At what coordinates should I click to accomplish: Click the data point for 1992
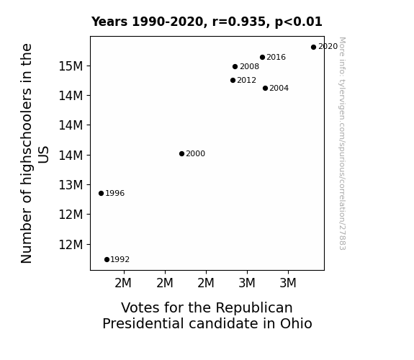pos(107,260)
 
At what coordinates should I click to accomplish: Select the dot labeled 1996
pos(101,194)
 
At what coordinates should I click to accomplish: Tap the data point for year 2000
pos(181,153)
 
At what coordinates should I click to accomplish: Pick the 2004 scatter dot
pos(265,89)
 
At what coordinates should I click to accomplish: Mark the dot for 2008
pos(235,66)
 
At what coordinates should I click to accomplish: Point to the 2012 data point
pos(233,81)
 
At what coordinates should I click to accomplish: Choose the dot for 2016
pos(262,58)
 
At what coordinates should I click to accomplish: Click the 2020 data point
pos(313,48)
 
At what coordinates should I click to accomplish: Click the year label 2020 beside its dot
pos(328,47)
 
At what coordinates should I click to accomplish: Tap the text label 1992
pos(120,260)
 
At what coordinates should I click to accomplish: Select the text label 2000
pos(195,153)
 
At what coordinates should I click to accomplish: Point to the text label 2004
pos(279,89)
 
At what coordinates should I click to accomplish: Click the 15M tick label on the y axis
pos(71,66)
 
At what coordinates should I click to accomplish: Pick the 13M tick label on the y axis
pos(71,185)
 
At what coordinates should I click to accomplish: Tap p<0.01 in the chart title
pos(299,22)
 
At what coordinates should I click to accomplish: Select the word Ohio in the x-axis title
pos(296,323)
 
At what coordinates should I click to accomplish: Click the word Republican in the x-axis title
pos(254,308)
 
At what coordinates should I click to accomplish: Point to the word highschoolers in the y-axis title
pos(26,137)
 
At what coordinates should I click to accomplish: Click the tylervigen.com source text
pos(342,143)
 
